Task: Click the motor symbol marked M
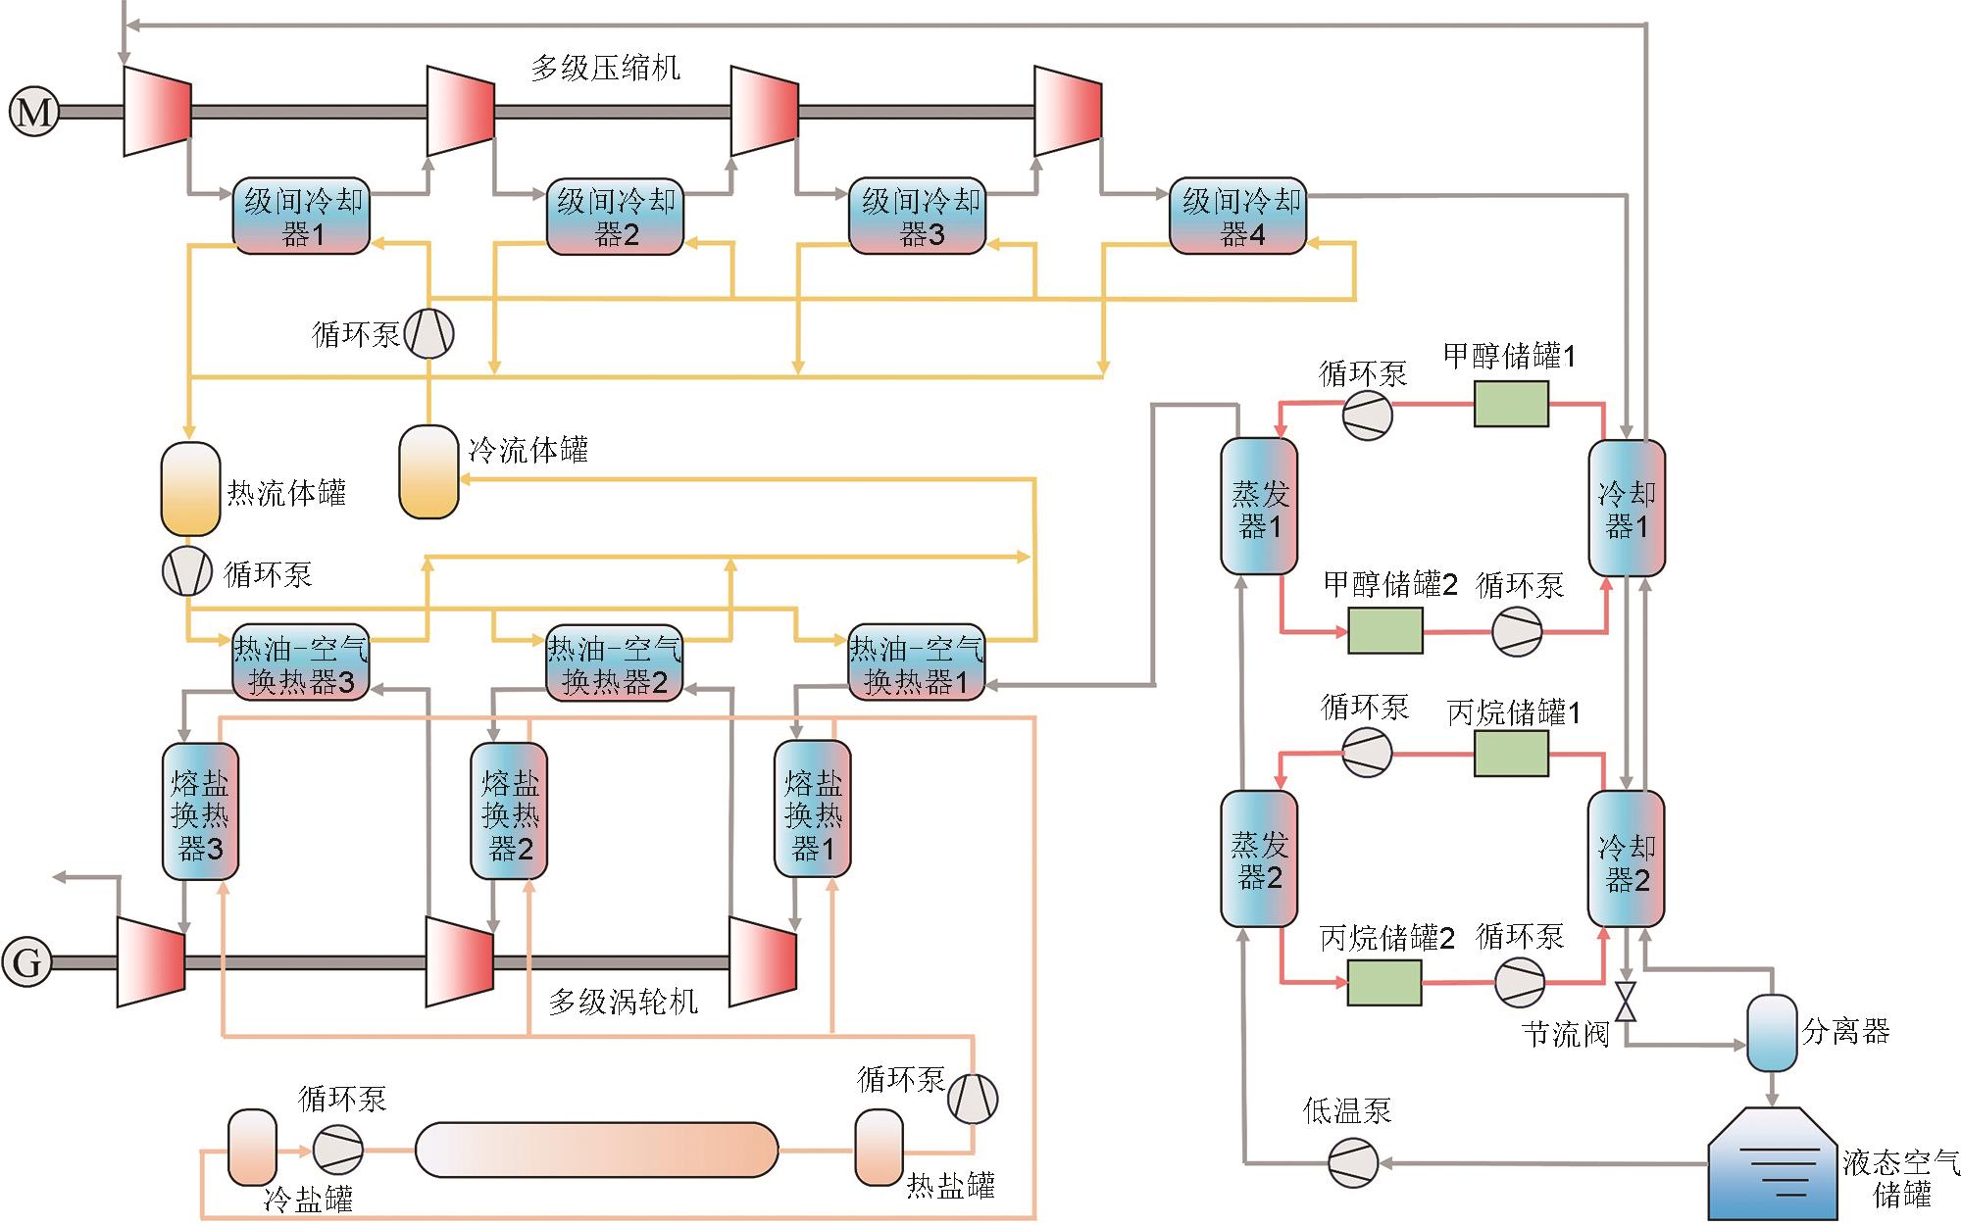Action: click(x=34, y=112)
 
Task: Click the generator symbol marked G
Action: click(x=26, y=961)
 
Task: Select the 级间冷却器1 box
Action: click(x=301, y=217)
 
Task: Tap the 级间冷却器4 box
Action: click(x=1238, y=217)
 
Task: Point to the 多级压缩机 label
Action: click(x=605, y=68)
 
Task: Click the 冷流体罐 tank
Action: click(x=428, y=471)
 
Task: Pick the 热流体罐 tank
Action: click(x=190, y=489)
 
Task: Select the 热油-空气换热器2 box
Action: click(x=614, y=663)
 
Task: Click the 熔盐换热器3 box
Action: click(x=200, y=811)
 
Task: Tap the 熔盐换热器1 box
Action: click(x=812, y=809)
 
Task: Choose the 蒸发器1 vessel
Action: click(x=1259, y=506)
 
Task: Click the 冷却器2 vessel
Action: click(x=1626, y=858)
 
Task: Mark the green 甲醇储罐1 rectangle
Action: click(x=1511, y=404)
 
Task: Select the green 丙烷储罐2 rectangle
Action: click(x=1384, y=982)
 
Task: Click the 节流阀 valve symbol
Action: click(x=1626, y=1001)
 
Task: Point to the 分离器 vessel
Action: click(x=1773, y=1033)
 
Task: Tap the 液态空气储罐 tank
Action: click(x=1772, y=1166)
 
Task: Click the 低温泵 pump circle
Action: click(x=1353, y=1163)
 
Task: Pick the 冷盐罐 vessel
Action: click(x=252, y=1148)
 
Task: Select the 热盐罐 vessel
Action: click(x=879, y=1148)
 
